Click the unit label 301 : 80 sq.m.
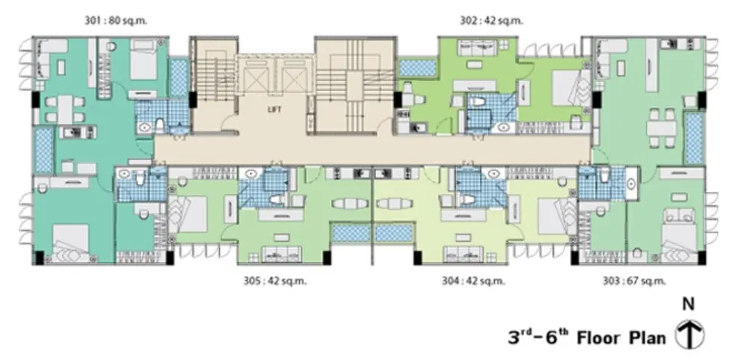pyautogui.click(x=116, y=21)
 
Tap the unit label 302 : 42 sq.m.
pyautogui.click(x=492, y=21)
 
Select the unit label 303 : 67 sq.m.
pyautogui.click(x=634, y=281)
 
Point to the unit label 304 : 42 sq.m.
pyautogui.click(x=474, y=281)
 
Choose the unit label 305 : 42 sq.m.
pyautogui.click(x=275, y=281)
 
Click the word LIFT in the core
pyautogui.click(x=275, y=109)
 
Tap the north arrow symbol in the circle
pyautogui.click(x=690, y=335)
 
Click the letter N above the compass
pyautogui.click(x=688, y=305)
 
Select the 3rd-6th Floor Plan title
pyautogui.click(x=587, y=337)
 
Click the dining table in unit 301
pyautogui.click(x=65, y=109)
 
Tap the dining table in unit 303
pyautogui.click(x=662, y=128)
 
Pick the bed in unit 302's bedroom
pyautogui.click(x=571, y=87)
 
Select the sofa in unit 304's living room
pyautogui.click(x=463, y=254)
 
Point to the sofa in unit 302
pyautogui.click(x=477, y=47)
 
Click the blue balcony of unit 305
pyautogui.click(x=351, y=233)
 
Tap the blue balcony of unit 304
pyautogui.click(x=394, y=233)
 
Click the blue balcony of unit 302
pyautogui.click(x=418, y=67)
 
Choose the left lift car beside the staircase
pyautogui.click(x=256, y=79)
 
